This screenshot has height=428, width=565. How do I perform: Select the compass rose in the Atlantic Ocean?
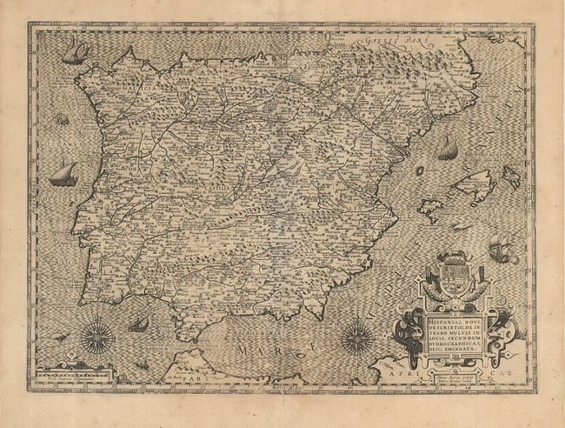[x=97, y=337]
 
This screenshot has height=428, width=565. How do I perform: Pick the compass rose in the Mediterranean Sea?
[x=356, y=338]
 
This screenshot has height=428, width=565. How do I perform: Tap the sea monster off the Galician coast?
[x=62, y=119]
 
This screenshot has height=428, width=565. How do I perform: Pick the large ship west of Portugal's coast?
[x=63, y=176]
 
